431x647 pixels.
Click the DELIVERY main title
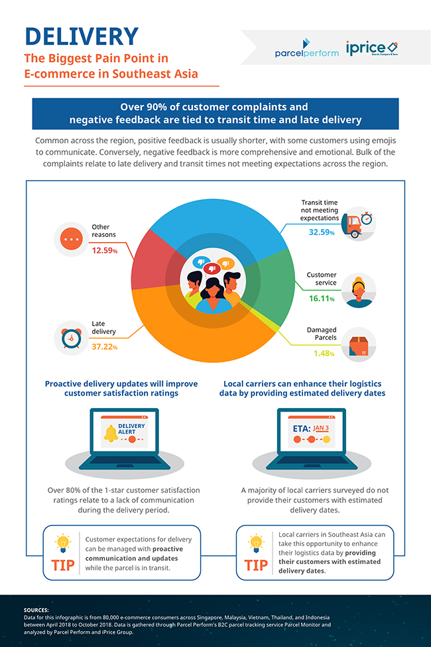[x=82, y=36]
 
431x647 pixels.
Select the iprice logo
[x=371, y=48]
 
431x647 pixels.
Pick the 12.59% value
[x=105, y=250]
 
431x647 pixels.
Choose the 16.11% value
[x=321, y=299]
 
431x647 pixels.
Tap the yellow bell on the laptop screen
[x=111, y=435]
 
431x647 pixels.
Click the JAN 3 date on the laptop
[x=322, y=428]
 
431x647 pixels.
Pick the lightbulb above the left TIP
[x=63, y=542]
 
